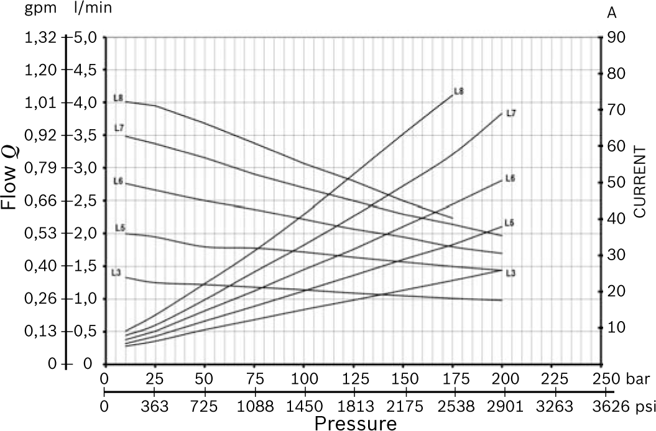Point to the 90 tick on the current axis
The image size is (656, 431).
(614, 37)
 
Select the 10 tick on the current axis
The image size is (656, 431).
(614, 327)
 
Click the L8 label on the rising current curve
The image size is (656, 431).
(459, 91)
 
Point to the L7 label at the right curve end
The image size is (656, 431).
(511, 113)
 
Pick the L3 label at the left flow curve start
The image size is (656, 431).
(116, 272)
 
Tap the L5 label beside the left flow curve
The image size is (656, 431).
(121, 229)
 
